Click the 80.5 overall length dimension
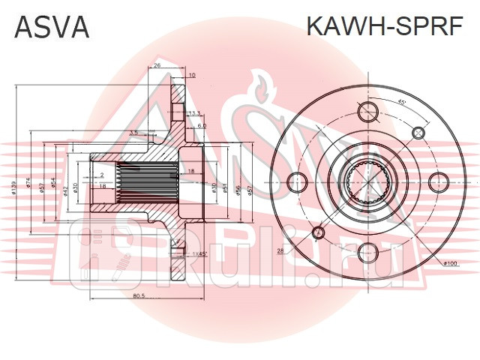click(138, 295)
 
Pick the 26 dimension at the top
click(157, 66)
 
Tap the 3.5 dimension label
click(133, 133)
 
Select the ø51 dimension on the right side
click(228, 188)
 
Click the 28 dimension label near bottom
click(280, 250)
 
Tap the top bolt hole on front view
click(367, 112)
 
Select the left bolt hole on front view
click(298, 181)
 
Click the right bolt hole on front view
click(437, 181)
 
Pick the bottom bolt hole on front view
click(367, 252)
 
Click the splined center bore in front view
click(367, 181)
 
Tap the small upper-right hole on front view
click(418, 132)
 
